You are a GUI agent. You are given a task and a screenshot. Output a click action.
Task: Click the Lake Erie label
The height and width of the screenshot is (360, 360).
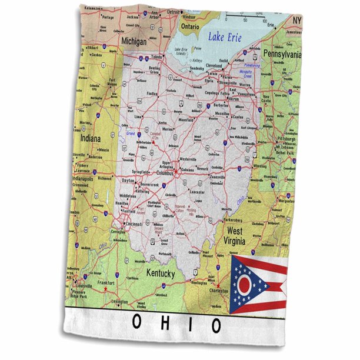[224, 37]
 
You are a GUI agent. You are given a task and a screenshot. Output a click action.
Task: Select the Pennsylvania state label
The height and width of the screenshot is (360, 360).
[282, 54]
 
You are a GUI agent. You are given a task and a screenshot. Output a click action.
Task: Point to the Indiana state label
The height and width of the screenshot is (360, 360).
[87, 138]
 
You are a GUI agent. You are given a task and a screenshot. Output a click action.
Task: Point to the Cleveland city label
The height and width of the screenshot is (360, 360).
[214, 66]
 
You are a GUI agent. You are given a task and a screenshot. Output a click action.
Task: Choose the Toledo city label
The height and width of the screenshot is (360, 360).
[156, 57]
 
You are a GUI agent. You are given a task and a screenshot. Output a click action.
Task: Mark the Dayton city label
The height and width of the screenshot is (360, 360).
[128, 181]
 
